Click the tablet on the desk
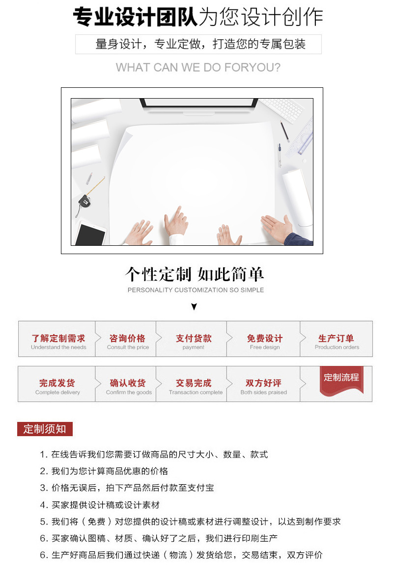pos(91,234)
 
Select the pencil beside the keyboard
pos(284,131)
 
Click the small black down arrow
pos(194,307)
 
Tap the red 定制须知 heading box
pos(45,429)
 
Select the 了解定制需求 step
pos(58,341)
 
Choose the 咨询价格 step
pos(127,341)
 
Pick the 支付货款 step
pos(194,341)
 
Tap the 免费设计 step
pos(264,341)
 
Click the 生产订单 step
pos(337,341)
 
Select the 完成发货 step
pos(57,387)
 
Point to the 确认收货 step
pos(128,387)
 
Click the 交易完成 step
pos(195,387)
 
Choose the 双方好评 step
pos(263,387)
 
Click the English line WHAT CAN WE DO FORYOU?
pos(198,68)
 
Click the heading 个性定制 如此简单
pos(195,274)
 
